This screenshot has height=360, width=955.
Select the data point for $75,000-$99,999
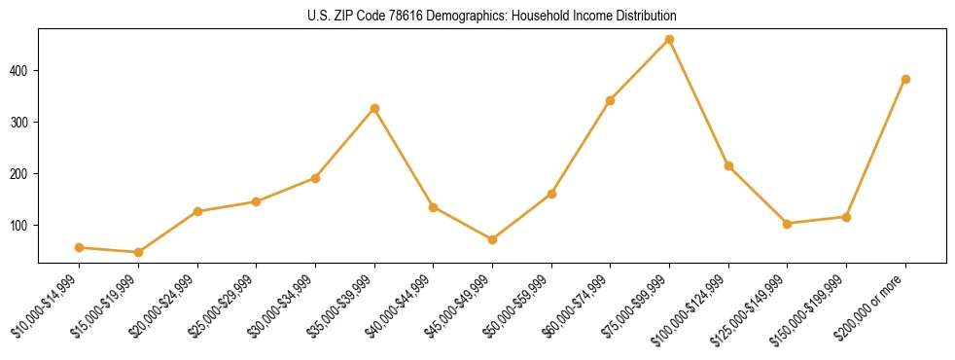(x=669, y=40)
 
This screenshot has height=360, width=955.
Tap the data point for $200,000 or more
(x=905, y=80)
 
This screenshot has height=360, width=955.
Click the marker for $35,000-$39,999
(x=374, y=108)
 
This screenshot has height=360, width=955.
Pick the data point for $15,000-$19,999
(x=138, y=252)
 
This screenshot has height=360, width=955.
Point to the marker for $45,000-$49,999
(x=492, y=239)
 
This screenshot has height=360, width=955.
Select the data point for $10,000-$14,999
(x=79, y=247)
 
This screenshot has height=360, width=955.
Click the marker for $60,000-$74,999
(x=610, y=100)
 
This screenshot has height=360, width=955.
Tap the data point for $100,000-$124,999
(x=728, y=165)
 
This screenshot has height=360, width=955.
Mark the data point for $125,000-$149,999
(x=787, y=224)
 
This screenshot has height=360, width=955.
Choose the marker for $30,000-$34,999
(x=315, y=178)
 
